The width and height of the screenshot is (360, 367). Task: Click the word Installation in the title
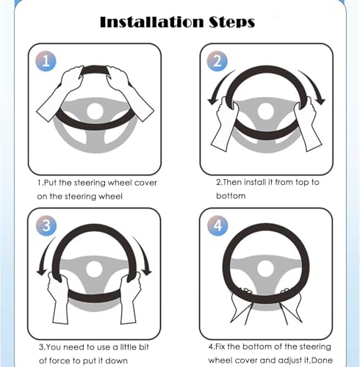coord(152,22)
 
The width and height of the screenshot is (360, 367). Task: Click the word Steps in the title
coord(231,23)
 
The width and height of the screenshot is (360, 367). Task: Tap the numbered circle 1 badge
coord(46,61)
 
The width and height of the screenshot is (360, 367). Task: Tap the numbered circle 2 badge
coord(217,61)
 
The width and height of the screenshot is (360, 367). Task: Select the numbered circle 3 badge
coord(46,225)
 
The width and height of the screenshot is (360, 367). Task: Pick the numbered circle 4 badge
coord(217,225)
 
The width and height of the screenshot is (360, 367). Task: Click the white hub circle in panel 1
coord(95,111)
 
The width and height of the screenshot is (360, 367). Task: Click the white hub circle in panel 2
coord(266,111)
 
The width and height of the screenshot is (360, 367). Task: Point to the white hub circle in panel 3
coord(94,269)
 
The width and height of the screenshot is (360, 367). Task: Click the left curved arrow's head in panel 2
coord(212,101)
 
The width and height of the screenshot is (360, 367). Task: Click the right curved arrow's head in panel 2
coord(320,101)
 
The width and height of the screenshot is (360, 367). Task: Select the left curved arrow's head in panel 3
coord(42,271)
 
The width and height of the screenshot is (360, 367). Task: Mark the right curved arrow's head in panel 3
coord(147,271)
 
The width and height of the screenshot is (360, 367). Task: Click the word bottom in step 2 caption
coord(231,196)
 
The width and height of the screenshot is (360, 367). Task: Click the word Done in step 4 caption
coord(323,360)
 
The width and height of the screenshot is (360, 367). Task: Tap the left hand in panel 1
coord(60,93)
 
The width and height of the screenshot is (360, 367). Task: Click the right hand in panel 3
coord(130,297)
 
